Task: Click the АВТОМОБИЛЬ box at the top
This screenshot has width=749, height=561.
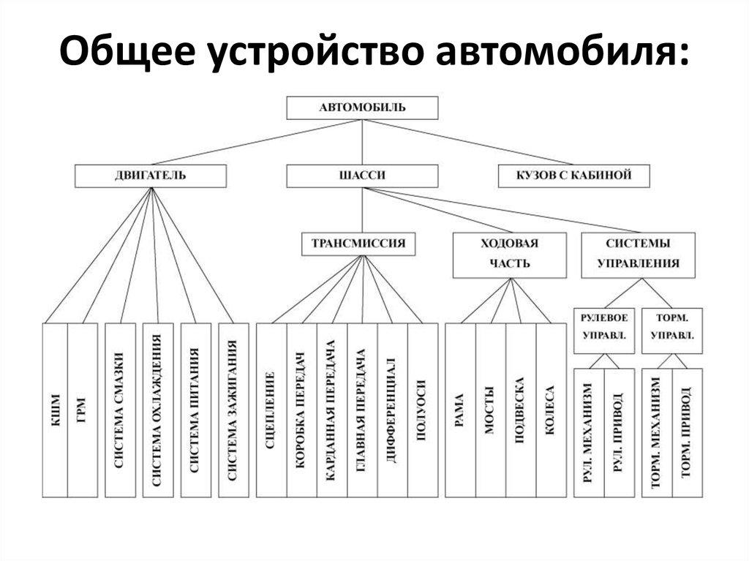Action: click(362, 108)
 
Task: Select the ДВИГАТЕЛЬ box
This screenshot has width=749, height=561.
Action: click(150, 176)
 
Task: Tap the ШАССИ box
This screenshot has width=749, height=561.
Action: click(362, 176)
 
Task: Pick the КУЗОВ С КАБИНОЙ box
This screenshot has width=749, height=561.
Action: click(574, 176)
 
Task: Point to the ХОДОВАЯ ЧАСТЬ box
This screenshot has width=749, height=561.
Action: click(510, 255)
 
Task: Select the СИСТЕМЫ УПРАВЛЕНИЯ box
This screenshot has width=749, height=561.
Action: click(638, 255)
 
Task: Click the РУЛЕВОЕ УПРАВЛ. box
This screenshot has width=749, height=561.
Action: click(604, 326)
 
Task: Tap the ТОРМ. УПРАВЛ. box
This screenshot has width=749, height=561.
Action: click(671, 326)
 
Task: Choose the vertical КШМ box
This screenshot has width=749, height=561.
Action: click(55, 410)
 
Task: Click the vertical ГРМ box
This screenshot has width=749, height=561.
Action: click(81, 410)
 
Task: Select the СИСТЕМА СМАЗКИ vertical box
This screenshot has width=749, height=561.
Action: click(118, 410)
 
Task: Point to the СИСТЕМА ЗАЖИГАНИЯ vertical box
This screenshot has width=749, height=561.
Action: click(232, 410)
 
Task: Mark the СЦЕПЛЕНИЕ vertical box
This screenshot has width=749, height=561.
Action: click(271, 410)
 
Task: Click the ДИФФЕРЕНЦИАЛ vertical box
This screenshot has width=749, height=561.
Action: click(392, 410)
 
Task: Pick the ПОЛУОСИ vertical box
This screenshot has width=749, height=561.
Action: click(422, 410)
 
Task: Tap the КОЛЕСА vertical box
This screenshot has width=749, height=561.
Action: click(551, 410)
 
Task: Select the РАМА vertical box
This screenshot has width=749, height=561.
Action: click(460, 410)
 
